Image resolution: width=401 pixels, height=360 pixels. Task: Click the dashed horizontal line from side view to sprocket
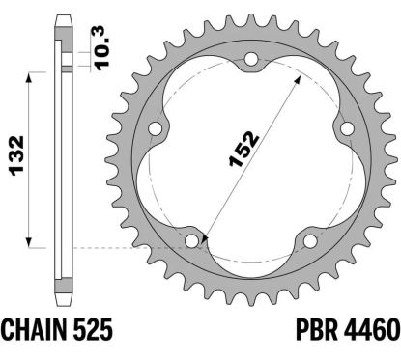[126, 247]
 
